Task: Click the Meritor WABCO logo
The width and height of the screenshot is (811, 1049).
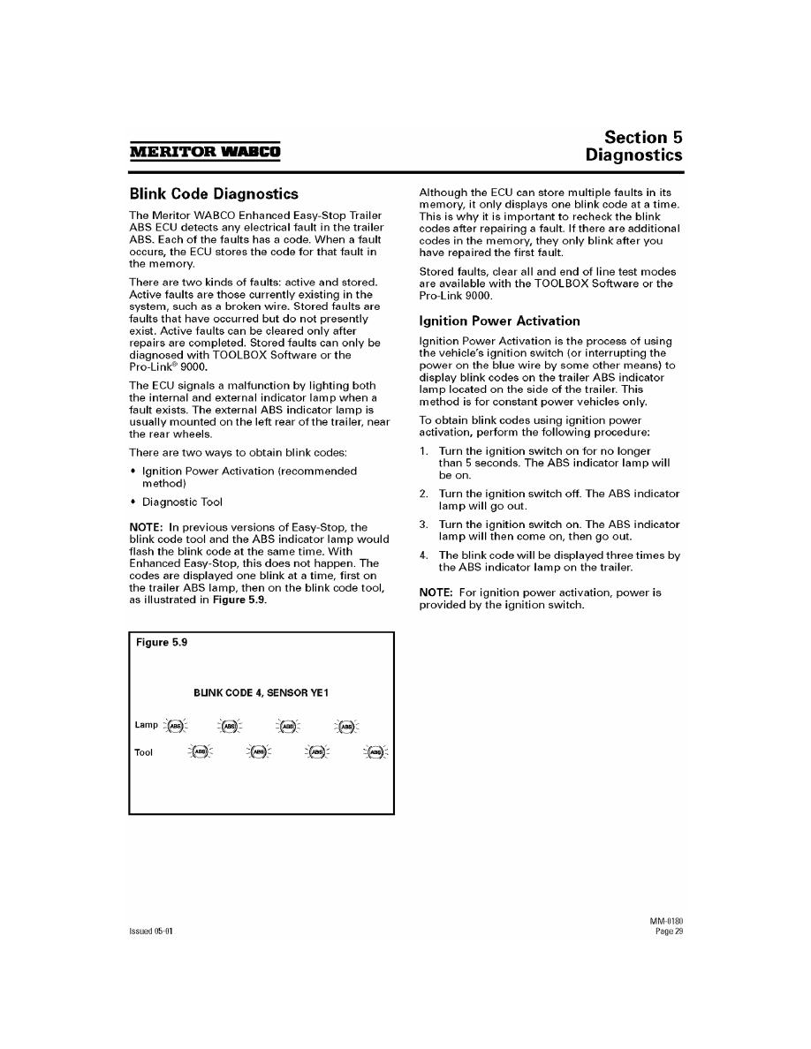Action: point(205,151)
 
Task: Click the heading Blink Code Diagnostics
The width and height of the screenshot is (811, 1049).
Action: point(214,193)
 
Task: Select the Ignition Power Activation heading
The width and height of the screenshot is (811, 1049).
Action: point(499,321)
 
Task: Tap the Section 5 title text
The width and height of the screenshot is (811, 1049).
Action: point(643,138)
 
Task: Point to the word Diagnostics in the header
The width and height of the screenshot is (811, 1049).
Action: point(633,155)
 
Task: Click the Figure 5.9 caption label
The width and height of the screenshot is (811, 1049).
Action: point(162,643)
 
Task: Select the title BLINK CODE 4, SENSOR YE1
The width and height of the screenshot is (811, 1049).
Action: point(261,694)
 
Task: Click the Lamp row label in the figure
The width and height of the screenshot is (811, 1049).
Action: point(146,725)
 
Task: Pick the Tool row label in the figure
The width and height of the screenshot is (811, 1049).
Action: point(143,752)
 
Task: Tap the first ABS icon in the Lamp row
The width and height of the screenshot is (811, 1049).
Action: point(177,726)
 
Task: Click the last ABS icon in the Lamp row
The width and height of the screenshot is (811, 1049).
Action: point(347,726)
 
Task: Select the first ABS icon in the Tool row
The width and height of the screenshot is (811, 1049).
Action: point(201,752)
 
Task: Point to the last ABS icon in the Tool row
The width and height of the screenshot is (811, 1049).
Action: point(375,752)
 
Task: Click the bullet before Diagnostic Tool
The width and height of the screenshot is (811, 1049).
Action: point(133,502)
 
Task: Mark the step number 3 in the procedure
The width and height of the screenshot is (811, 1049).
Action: point(423,524)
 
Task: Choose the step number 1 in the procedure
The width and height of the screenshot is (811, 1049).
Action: point(423,451)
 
